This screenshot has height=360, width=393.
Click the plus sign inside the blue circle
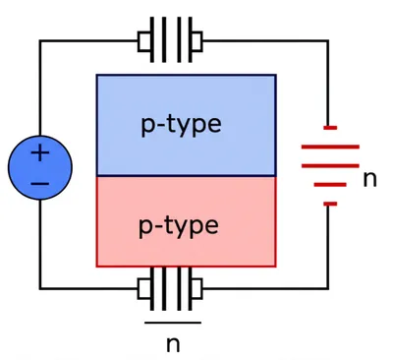pyautogui.click(x=39, y=152)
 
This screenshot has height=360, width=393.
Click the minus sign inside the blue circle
pyautogui.click(x=39, y=183)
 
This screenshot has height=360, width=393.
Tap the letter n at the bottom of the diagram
pyautogui.click(x=173, y=343)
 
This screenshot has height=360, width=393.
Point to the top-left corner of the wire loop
pyautogui.click(x=40, y=41)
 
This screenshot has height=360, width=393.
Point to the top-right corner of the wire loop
pyautogui.click(x=328, y=41)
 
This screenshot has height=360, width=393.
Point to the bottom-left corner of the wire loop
pyautogui.click(x=40, y=288)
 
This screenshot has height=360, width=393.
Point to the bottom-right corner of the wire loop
pyautogui.click(x=328, y=288)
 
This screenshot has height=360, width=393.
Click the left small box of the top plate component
pyautogui.click(x=143, y=41)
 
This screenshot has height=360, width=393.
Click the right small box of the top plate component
pyautogui.click(x=196, y=41)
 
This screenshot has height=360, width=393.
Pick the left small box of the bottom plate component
pyautogui.click(x=143, y=288)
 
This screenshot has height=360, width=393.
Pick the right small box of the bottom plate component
pyautogui.click(x=196, y=288)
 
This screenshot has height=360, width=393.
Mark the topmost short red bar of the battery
pyautogui.click(x=330, y=127)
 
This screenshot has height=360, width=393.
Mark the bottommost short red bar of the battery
pyautogui.click(x=330, y=204)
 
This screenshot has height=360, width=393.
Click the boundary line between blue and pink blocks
pyautogui.click(x=186, y=175)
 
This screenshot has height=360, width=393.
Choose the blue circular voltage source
pyautogui.click(x=39, y=167)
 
